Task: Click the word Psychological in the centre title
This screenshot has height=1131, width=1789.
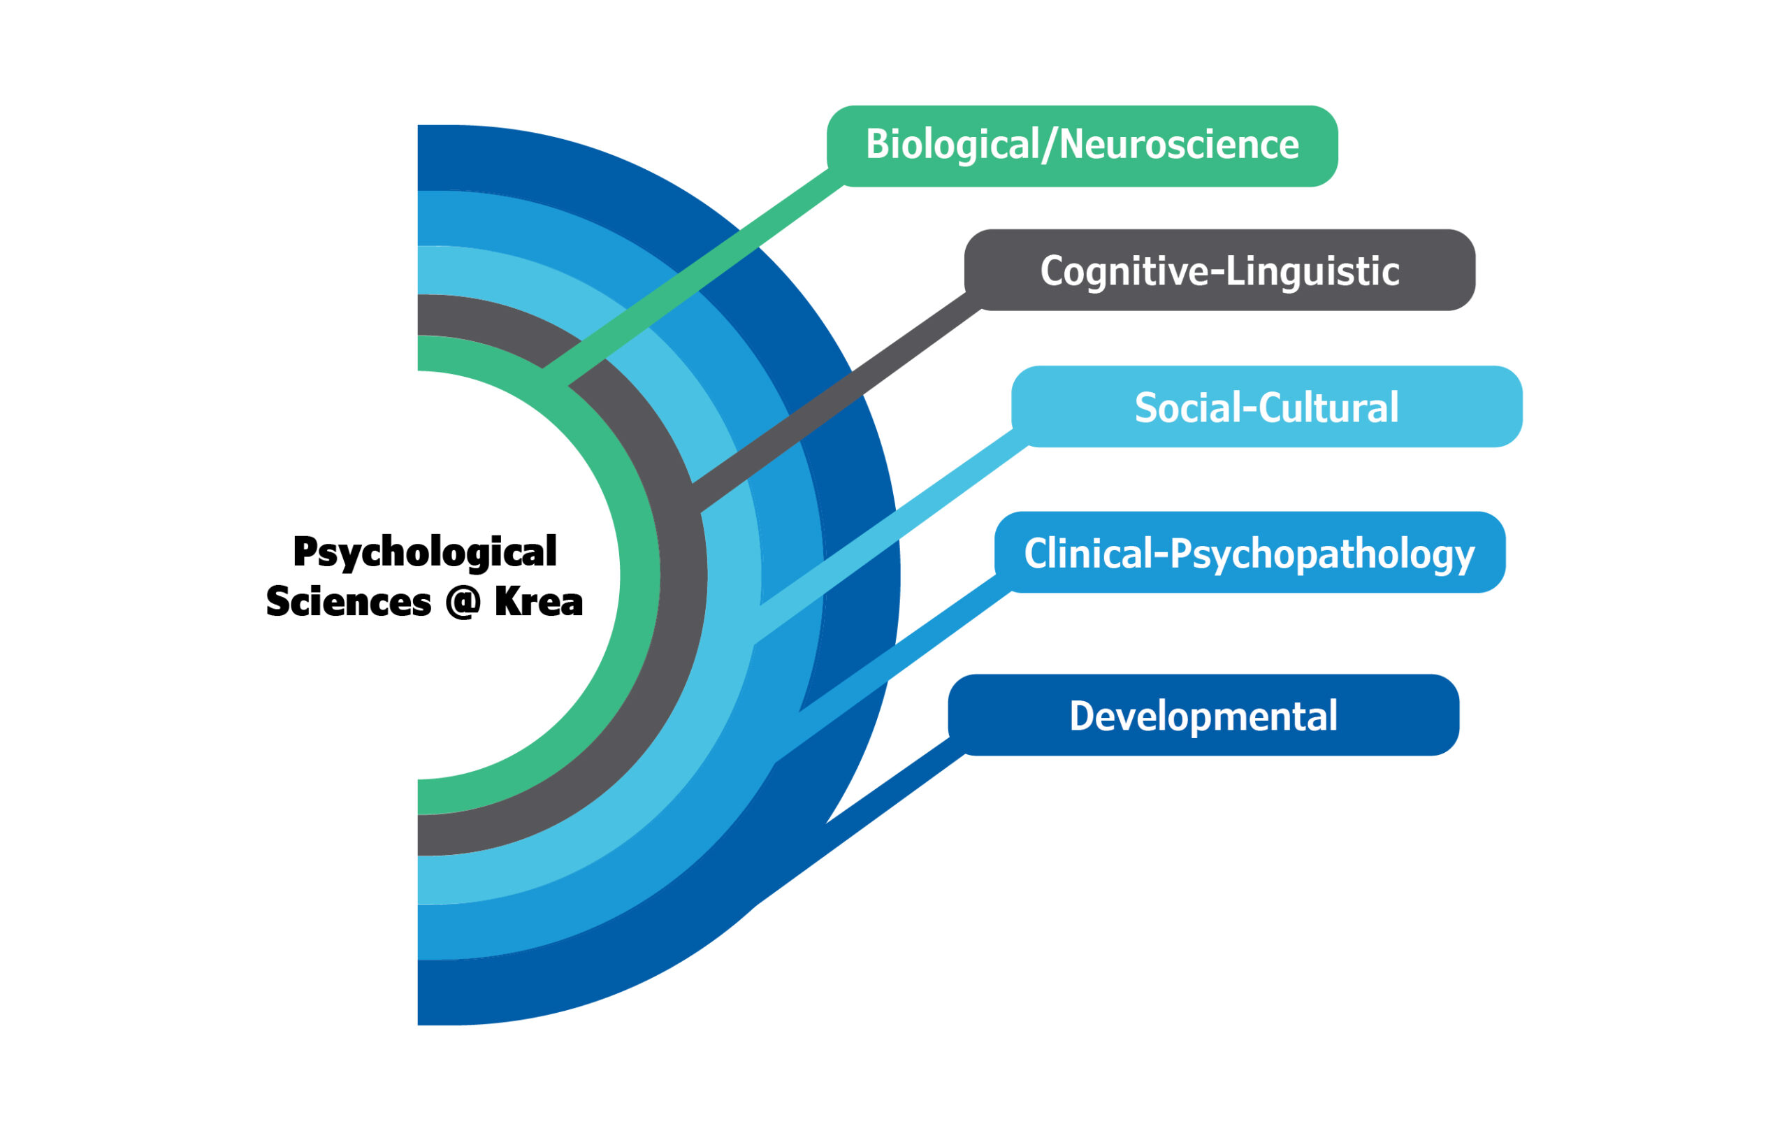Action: (425, 552)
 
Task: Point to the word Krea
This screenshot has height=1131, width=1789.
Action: (539, 602)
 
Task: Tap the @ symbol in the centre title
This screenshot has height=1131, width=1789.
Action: (463, 602)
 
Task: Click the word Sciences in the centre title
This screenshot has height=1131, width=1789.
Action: (349, 602)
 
